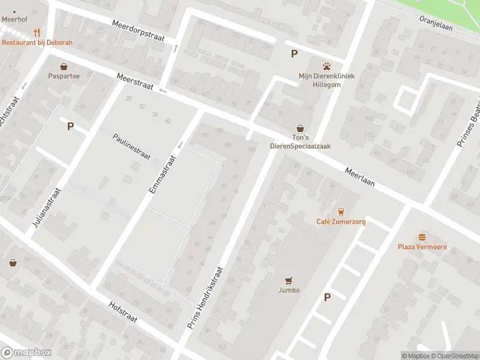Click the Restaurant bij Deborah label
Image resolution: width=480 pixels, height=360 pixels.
[x=37, y=43]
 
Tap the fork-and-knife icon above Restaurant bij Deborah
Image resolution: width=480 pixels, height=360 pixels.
[x=37, y=32]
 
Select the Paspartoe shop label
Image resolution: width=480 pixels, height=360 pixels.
[x=64, y=76]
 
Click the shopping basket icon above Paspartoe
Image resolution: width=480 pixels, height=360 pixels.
[x=64, y=66]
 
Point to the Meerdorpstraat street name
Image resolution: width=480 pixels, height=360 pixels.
[x=137, y=31]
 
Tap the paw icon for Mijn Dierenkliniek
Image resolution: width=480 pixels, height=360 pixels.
[x=327, y=65]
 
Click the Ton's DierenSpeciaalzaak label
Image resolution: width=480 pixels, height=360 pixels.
[x=300, y=142]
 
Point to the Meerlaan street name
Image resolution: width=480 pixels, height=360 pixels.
[x=360, y=177]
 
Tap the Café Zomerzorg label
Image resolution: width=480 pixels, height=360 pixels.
[x=341, y=222]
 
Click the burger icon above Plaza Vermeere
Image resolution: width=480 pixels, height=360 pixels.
[x=422, y=237]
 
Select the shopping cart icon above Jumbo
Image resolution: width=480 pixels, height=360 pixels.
[x=289, y=280]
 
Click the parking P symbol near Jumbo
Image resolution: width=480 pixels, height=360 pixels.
[x=327, y=297]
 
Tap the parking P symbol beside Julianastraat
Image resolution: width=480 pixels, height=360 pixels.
[x=70, y=126]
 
